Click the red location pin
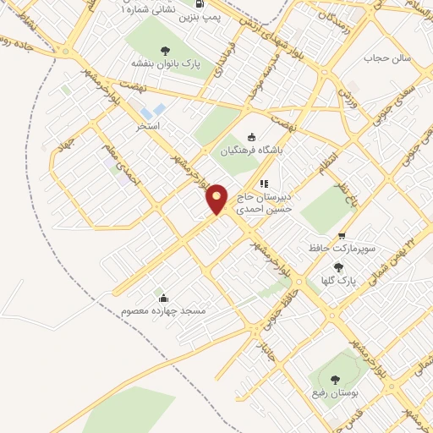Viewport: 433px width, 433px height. pyautogui.click(x=216, y=199)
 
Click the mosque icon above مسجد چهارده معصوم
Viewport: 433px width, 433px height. pyautogui.click(x=163, y=298)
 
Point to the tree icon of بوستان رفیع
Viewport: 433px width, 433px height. pyautogui.click(x=335, y=380)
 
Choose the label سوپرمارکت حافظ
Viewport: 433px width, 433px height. pyautogui.click(x=341, y=250)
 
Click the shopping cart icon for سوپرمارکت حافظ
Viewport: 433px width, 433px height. pyautogui.click(x=341, y=237)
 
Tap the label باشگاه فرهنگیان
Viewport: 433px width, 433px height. pyautogui.click(x=249, y=153)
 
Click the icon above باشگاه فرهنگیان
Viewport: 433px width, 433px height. pyautogui.click(x=249, y=139)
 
